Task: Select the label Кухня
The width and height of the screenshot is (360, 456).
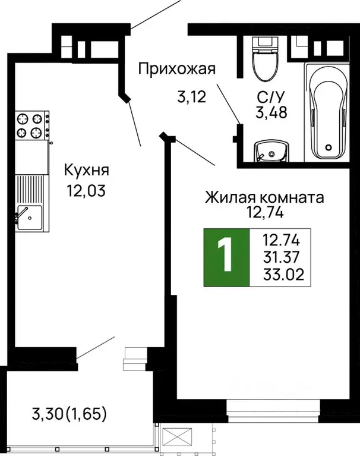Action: coord(87,171)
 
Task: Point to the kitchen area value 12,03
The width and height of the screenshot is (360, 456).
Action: coord(87,192)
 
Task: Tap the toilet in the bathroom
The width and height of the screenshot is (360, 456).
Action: coord(262,59)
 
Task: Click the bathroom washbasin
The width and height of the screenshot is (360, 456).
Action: coord(271,152)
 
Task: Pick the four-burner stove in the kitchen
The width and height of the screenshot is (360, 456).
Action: coord(32,125)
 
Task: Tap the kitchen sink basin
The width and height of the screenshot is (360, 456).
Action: coord(29,216)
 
